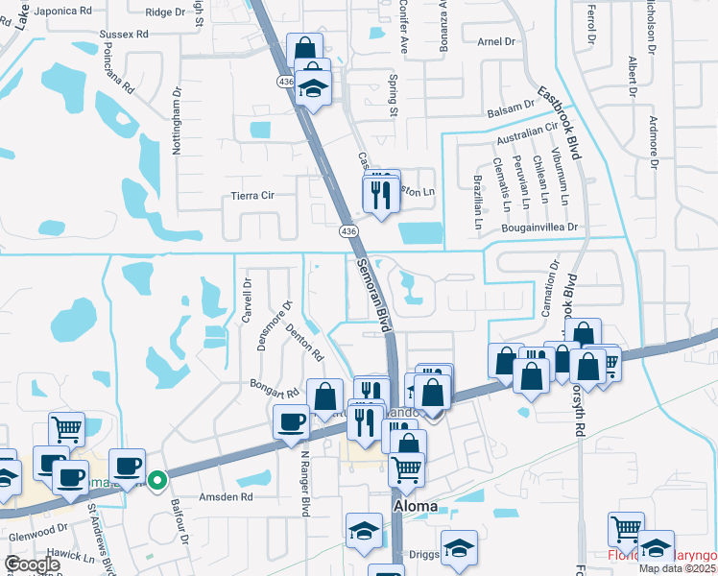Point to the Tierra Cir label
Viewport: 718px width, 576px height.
pos(254,195)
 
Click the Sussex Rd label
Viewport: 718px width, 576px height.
pos(125,34)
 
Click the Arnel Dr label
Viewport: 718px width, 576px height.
pos(497,41)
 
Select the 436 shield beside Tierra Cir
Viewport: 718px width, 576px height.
pos(348,231)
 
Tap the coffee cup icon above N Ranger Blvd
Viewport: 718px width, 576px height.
pos(291,420)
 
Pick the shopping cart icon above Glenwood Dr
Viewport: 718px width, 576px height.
pos(66,429)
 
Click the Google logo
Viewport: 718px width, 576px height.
pos(31,564)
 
